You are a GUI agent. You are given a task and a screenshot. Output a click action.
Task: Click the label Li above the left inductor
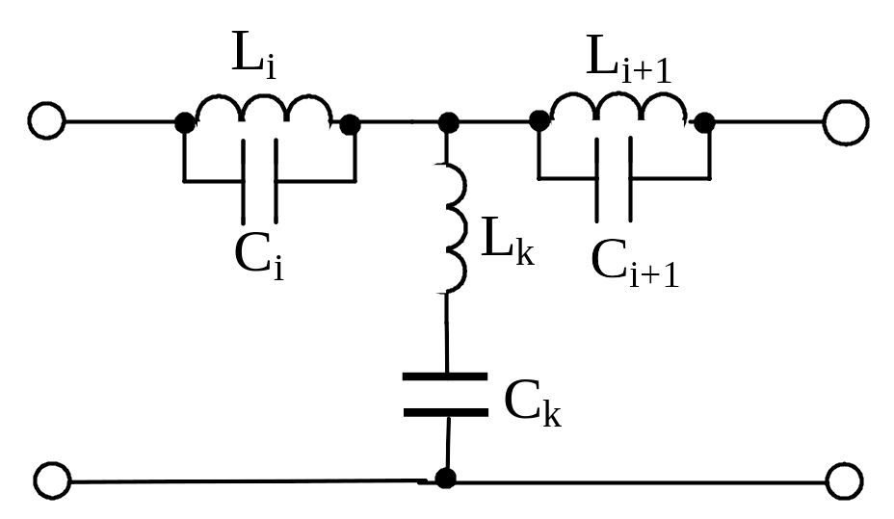[253, 54]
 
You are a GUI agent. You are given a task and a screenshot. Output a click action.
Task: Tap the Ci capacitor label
[259, 256]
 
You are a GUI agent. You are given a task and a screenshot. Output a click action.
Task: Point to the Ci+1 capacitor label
[635, 263]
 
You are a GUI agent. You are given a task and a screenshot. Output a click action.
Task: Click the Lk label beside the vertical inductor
[508, 242]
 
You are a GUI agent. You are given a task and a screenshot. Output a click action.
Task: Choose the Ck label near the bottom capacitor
[533, 402]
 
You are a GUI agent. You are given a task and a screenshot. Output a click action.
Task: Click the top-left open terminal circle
[47, 120]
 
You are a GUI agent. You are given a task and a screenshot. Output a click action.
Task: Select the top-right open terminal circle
[846, 122]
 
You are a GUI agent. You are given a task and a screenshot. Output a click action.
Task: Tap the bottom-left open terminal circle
[52, 480]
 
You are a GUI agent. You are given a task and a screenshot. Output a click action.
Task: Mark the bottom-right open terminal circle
[845, 481]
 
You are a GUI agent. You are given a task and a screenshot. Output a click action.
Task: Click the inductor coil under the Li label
[264, 107]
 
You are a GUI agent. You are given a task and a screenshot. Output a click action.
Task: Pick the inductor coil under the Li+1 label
[618, 105]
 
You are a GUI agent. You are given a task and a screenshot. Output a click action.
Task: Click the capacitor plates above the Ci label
[260, 181]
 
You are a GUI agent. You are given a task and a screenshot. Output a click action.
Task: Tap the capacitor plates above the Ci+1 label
[614, 179]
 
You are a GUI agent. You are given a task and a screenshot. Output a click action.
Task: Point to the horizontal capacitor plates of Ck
[445, 394]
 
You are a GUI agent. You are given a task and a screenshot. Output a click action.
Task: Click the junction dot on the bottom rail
[445, 478]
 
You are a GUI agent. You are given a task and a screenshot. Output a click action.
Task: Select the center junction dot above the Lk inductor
[448, 122]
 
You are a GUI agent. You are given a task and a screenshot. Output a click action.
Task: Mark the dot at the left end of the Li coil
[184, 123]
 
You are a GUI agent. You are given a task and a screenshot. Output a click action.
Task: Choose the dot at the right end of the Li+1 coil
[704, 123]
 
